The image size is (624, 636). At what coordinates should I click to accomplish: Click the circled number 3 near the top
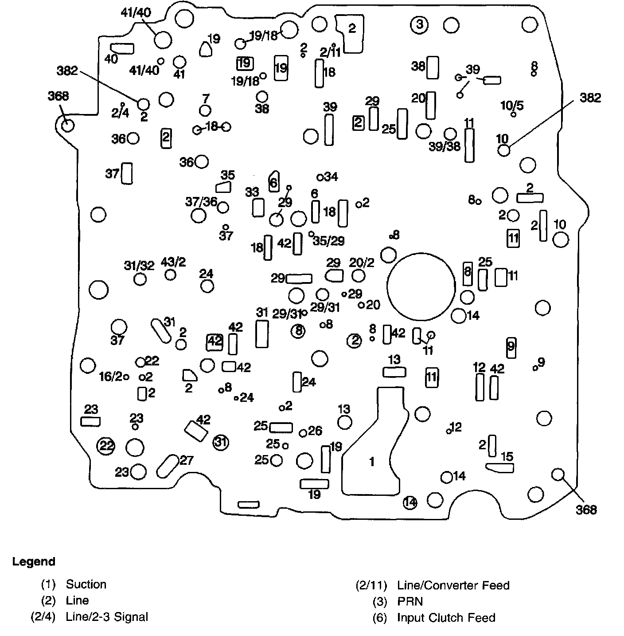coord(419,25)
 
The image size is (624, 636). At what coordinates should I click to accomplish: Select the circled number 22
coord(106,445)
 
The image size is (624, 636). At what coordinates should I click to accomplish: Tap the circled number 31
coord(220,442)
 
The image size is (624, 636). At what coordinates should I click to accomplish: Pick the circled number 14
coord(410,503)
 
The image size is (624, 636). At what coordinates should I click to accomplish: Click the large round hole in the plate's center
coord(421,287)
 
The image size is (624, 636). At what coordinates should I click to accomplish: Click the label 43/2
coord(173,262)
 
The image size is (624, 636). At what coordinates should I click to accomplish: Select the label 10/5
coord(512,106)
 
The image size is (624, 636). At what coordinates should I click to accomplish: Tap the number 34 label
coord(331,177)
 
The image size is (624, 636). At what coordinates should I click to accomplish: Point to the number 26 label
coord(315,430)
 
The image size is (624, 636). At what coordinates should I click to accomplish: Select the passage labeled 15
coord(499,467)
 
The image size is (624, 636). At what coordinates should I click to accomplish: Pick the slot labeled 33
coord(258,207)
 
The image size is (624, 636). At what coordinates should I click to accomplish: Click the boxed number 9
coord(511,346)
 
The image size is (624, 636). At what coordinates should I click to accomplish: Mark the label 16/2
coord(110,377)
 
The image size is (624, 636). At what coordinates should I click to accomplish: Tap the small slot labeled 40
coord(122,48)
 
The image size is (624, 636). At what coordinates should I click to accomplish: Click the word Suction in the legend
coord(86,584)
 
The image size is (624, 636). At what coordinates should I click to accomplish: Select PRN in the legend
coord(410,601)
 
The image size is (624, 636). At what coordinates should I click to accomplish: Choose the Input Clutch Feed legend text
coord(446,617)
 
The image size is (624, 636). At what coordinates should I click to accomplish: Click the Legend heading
coord(34,561)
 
